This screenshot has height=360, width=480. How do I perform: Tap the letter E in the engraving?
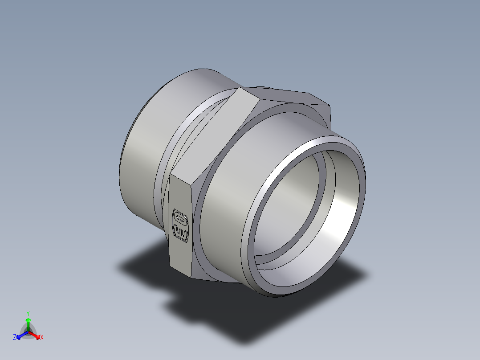[x=181, y=232]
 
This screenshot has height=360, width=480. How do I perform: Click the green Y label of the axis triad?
[x=28, y=313]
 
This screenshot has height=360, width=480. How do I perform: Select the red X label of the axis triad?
[x=41, y=338]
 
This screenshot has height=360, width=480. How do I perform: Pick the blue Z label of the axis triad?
[x=15, y=338]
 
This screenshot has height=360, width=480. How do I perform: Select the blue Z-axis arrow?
[x=20, y=335]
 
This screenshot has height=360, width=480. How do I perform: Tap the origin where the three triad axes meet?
[x=28, y=331]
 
